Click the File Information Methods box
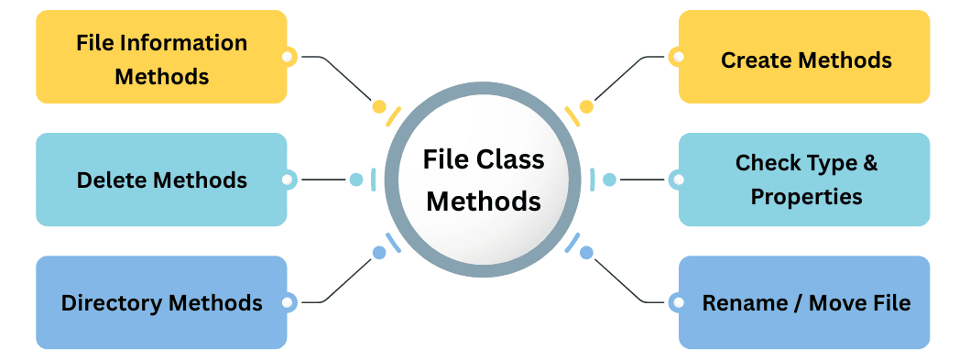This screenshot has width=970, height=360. pyautogui.click(x=161, y=58)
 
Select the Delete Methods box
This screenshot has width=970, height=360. pyautogui.click(x=161, y=180)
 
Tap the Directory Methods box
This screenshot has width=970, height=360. pyautogui.click(x=161, y=302)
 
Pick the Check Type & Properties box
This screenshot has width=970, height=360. pyautogui.click(x=804, y=180)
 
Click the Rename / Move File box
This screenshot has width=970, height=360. pyautogui.click(x=804, y=302)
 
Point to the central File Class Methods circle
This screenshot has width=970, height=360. pyautogui.click(x=483, y=180)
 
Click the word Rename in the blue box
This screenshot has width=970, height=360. pyautogui.click(x=740, y=302)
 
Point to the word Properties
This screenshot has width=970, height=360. pyautogui.click(x=806, y=196)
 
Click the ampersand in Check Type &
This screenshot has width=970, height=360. pyautogui.click(x=870, y=163)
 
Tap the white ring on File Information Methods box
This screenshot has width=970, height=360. pyautogui.click(x=287, y=57)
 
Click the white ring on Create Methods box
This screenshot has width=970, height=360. pyautogui.click(x=678, y=57)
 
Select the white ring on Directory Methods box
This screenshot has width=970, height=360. pyautogui.click(x=287, y=301)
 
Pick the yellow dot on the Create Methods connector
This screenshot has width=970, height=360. pyautogui.click(x=586, y=107)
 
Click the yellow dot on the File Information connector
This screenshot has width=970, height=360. pyautogui.click(x=378, y=107)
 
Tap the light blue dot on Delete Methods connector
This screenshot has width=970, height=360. pyautogui.click(x=356, y=180)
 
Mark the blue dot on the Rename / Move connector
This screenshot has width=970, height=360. pyautogui.click(x=586, y=252)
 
